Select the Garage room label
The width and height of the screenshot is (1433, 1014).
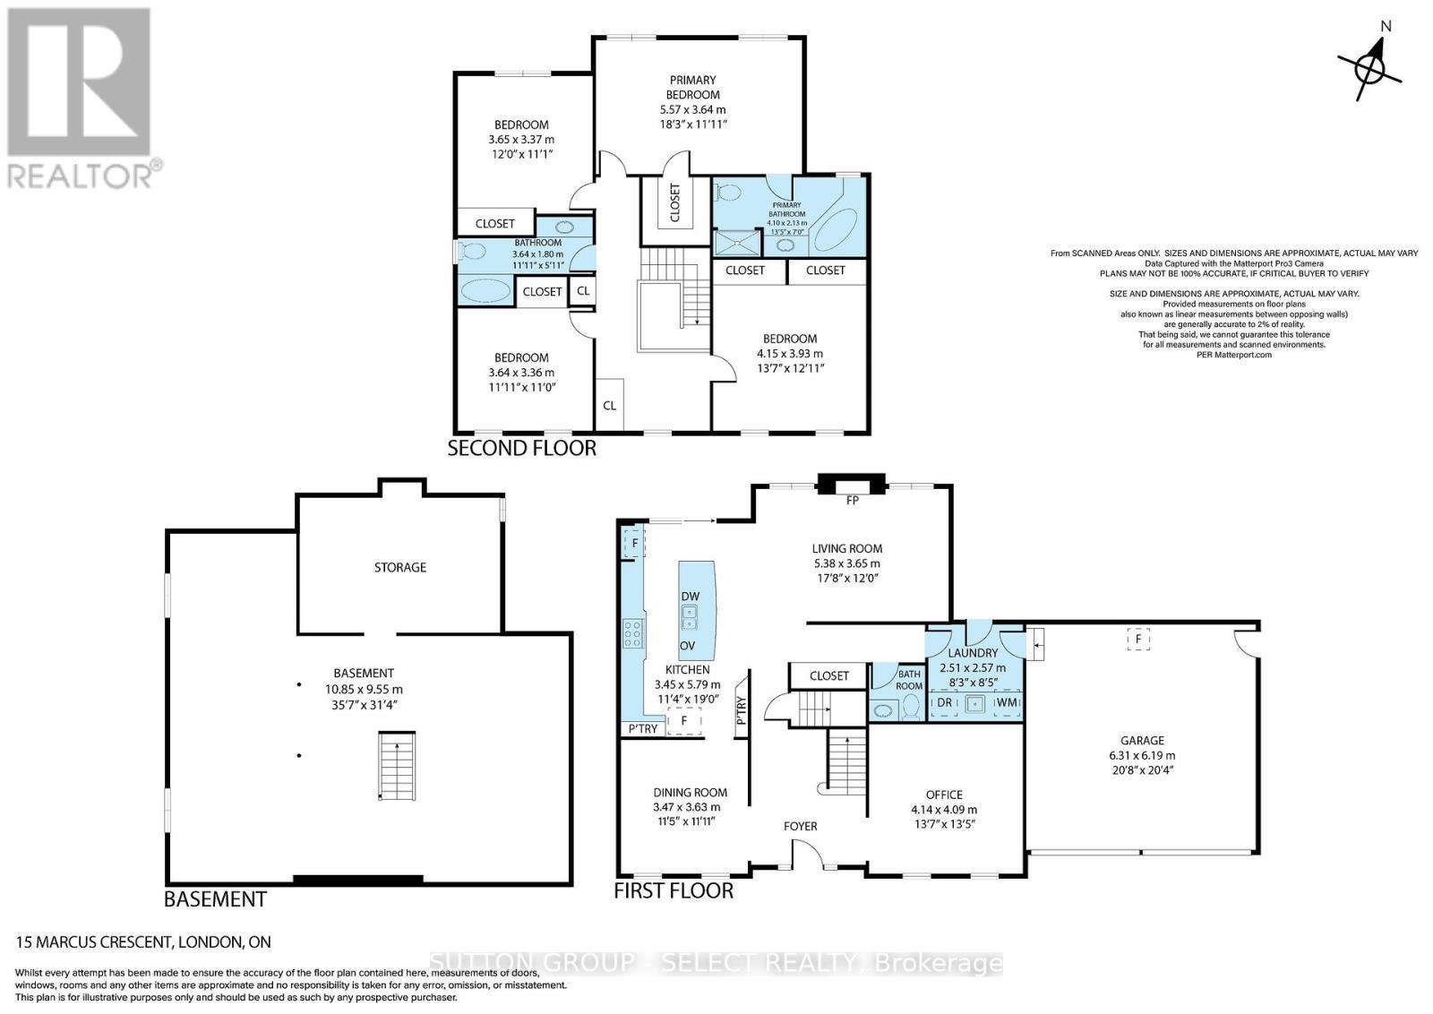(x=1142, y=740)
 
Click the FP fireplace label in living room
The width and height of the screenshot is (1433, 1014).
(x=852, y=501)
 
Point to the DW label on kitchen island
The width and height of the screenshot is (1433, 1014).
(x=690, y=597)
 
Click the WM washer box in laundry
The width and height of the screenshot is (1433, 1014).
(x=1007, y=703)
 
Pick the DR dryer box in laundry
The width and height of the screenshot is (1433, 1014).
(x=944, y=703)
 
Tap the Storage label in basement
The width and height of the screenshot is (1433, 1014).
(x=400, y=567)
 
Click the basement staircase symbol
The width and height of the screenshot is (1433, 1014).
(x=397, y=766)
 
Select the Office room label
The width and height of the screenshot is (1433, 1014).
(x=944, y=795)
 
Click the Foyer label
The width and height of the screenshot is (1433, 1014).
(x=800, y=826)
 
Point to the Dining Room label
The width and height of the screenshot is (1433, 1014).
(x=690, y=792)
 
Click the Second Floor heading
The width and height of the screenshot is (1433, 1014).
(x=521, y=448)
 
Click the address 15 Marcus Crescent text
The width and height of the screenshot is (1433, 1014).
(x=143, y=941)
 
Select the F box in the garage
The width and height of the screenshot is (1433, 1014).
(x=1138, y=640)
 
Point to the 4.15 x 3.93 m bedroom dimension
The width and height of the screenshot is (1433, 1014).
(x=789, y=353)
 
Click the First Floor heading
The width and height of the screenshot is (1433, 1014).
(x=673, y=890)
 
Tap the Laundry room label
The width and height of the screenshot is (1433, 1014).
(x=973, y=653)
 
